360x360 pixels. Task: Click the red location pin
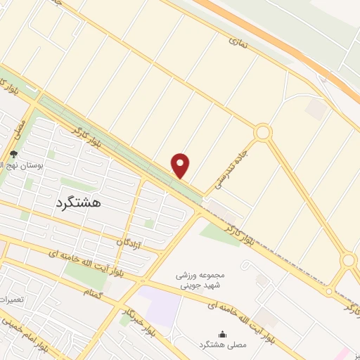coord(181,165)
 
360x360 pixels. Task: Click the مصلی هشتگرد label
coord(223,347)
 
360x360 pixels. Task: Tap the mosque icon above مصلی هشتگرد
coord(223,335)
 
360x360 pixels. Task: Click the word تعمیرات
coord(13,300)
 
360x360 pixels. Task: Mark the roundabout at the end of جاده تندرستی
coord(263,132)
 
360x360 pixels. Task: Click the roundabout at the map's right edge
coord(348,261)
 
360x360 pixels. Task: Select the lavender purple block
coord(159,304)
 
